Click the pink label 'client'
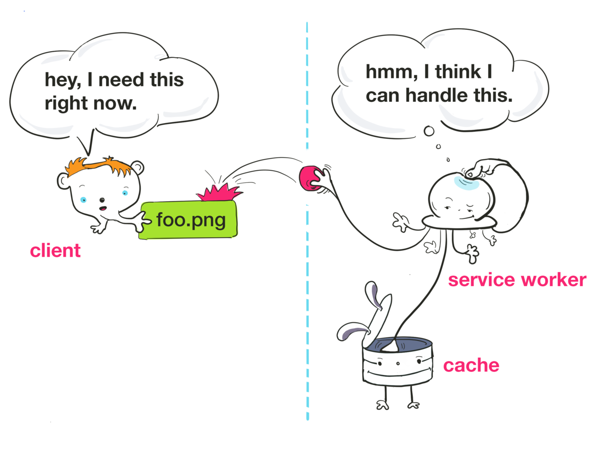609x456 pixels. point(55,251)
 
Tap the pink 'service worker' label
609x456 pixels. point(517,280)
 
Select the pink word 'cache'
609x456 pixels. point(471,365)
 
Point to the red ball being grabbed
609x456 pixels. point(309,179)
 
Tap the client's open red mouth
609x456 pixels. point(102,208)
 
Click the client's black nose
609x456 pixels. point(102,199)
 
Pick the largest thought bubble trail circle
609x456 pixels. point(429,132)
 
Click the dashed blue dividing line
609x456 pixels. point(307,304)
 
